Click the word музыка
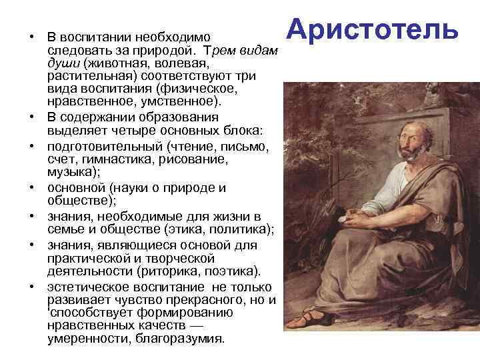70,171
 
